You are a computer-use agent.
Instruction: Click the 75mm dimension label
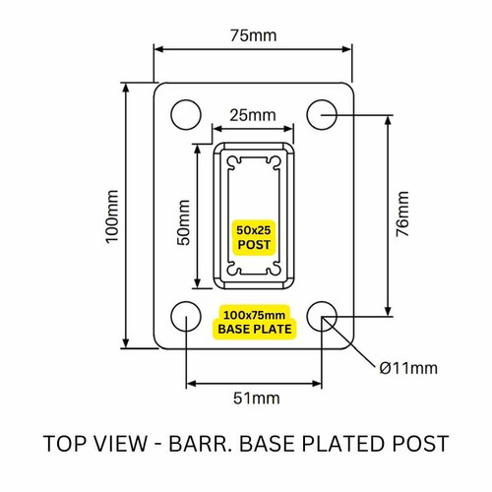click(254, 36)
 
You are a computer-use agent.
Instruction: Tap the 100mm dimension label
click(112, 215)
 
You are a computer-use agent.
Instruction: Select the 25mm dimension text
click(253, 116)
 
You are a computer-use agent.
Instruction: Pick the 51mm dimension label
click(254, 399)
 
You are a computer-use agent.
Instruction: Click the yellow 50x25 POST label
click(254, 236)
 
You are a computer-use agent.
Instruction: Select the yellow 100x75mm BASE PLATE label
click(254, 321)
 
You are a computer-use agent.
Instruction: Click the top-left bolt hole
click(184, 114)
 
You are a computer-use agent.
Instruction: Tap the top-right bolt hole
click(322, 114)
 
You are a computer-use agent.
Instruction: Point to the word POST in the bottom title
click(420, 443)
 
